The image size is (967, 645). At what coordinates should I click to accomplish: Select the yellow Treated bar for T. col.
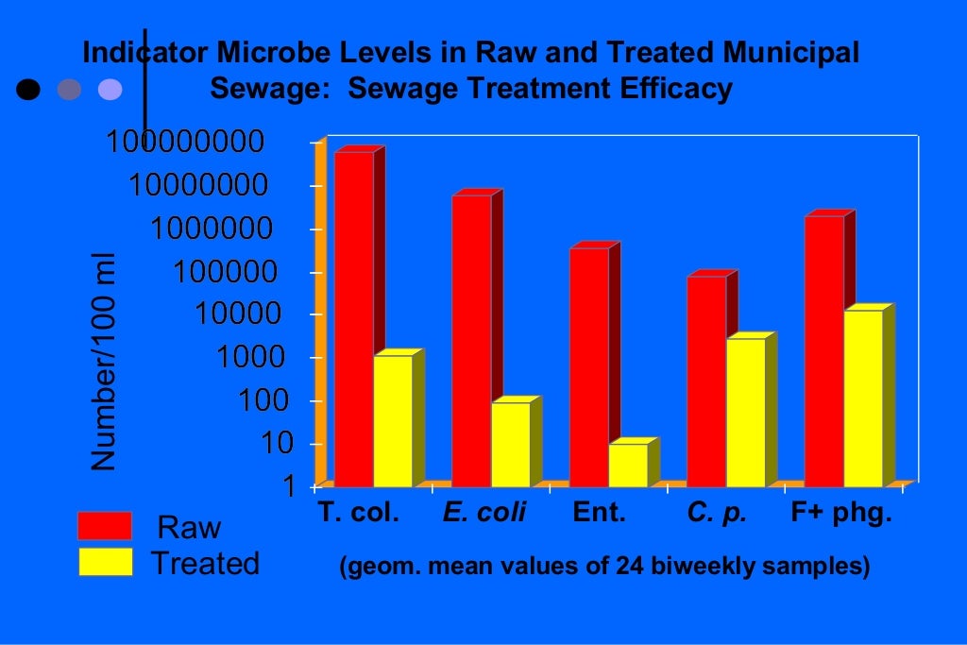(x=393, y=421)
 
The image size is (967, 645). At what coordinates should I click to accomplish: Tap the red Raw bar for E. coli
(x=471, y=340)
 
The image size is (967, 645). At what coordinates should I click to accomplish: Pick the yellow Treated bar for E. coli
(x=510, y=444)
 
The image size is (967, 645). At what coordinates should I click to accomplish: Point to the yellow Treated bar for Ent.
(x=628, y=465)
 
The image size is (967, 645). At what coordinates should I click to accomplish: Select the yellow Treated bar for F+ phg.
(x=863, y=398)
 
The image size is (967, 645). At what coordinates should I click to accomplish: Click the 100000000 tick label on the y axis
(x=184, y=143)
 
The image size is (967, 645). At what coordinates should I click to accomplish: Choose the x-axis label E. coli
(x=484, y=515)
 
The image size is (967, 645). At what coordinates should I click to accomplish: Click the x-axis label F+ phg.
(x=840, y=515)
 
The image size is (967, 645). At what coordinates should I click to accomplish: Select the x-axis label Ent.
(x=600, y=515)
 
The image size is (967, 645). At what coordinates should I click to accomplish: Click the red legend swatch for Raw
(x=104, y=526)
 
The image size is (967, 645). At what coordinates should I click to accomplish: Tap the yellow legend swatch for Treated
(x=104, y=562)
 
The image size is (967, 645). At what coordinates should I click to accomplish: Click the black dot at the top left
(x=29, y=90)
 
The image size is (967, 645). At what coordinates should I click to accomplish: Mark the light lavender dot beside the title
(x=110, y=90)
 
